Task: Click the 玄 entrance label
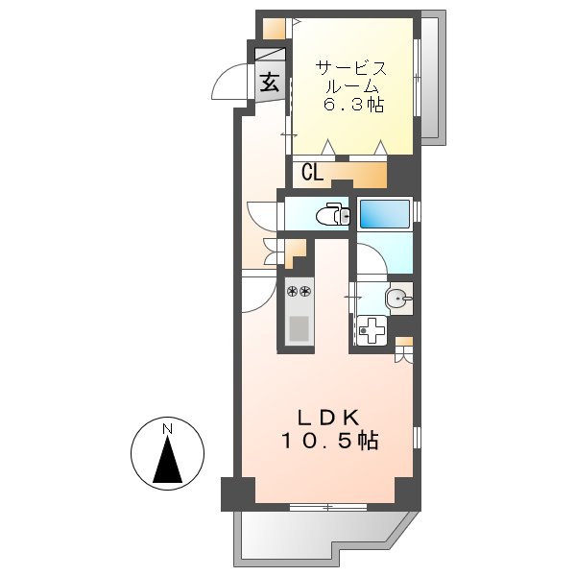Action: (x=269, y=83)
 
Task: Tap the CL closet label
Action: (x=311, y=173)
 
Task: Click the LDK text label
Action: (x=326, y=418)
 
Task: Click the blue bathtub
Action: (x=385, y=212)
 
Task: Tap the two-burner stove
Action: (x=300, y=290)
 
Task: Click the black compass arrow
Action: (x=168, y=460)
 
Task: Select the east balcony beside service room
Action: (x=433, y=77)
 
